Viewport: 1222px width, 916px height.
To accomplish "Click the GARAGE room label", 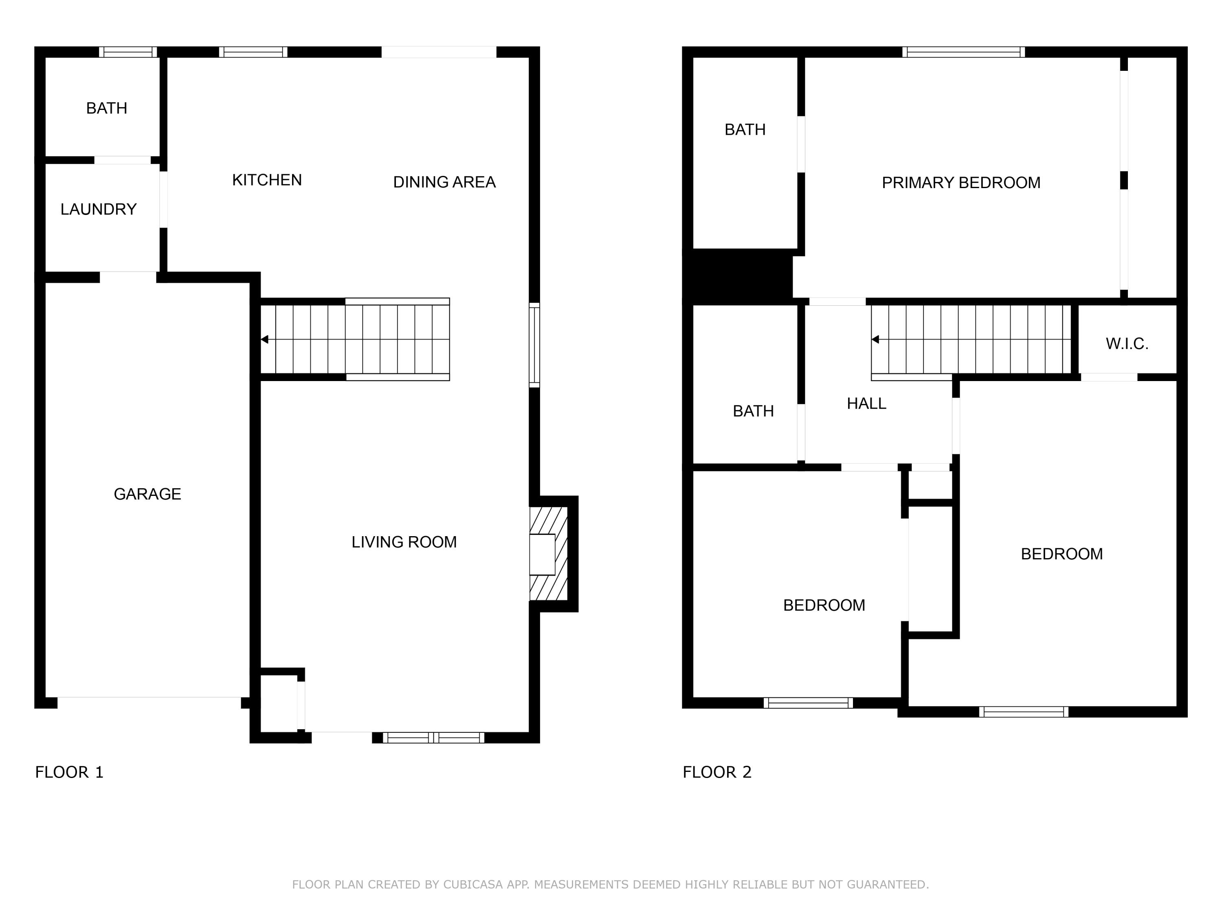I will click(x=147, y=494).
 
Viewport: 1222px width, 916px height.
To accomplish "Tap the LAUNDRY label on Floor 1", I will click(x=98, y=209).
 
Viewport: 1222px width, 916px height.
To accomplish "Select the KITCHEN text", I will click(x=267, y=180).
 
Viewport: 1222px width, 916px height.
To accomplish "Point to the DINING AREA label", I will click(x=444, y=182).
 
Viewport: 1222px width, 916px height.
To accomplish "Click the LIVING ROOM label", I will click(x=404, y=542).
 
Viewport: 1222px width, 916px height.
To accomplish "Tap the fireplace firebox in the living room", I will click(x=542, y=554).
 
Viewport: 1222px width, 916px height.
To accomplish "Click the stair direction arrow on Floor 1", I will click(x=265, y=340).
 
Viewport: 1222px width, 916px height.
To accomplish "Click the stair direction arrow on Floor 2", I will click(x=875, y=340).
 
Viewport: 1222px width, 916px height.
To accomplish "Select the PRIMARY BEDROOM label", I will click(x=960, y=183).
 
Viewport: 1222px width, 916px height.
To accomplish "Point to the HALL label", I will click(x=866, y=403).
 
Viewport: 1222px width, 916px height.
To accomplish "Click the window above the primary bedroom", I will click(x=963, y=52).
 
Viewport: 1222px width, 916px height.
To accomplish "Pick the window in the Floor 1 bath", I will click(x=128, y=52).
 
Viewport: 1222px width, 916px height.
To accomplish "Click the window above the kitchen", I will click(x=253, y=52).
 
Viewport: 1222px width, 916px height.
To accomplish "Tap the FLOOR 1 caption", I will click(x=69, y=772).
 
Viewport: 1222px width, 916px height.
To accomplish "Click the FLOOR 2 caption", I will click(x=717, y=772).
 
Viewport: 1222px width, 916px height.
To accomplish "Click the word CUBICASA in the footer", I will click(x=473, y=885).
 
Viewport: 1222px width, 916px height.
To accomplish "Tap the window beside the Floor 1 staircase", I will click(x=534, y=345).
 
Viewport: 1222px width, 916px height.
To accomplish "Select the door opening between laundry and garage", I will click(x=128, y=277).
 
